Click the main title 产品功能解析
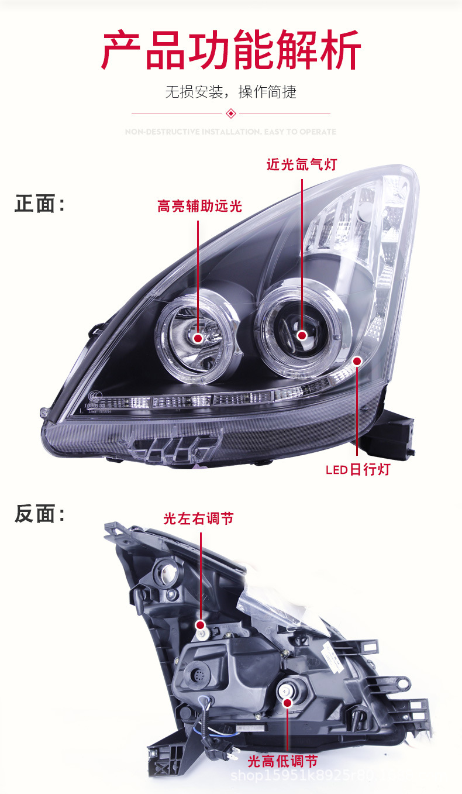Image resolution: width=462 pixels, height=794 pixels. click(231, 51)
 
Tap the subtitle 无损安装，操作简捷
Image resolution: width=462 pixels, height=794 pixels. click(231, 92)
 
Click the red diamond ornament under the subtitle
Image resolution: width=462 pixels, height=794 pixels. click(231, 113)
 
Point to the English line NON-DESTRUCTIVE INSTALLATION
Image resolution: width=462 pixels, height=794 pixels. click(231, 132)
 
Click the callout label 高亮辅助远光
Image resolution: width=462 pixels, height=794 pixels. click(199, 206)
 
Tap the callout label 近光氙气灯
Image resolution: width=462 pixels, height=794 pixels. click(302, 164)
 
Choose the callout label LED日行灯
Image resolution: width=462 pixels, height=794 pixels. click(357, 470)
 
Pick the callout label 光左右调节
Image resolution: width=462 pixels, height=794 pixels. click(198, 518)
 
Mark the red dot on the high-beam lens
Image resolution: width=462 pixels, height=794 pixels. click(198, 338)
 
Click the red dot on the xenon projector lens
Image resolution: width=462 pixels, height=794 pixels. click(302, 335)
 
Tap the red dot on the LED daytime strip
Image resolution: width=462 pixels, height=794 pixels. click(357, 360)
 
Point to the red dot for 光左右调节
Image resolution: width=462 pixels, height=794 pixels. click(200, 625)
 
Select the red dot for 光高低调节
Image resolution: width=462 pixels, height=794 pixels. click(287, 702)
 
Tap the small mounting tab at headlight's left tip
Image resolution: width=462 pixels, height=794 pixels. click(44, 413)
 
